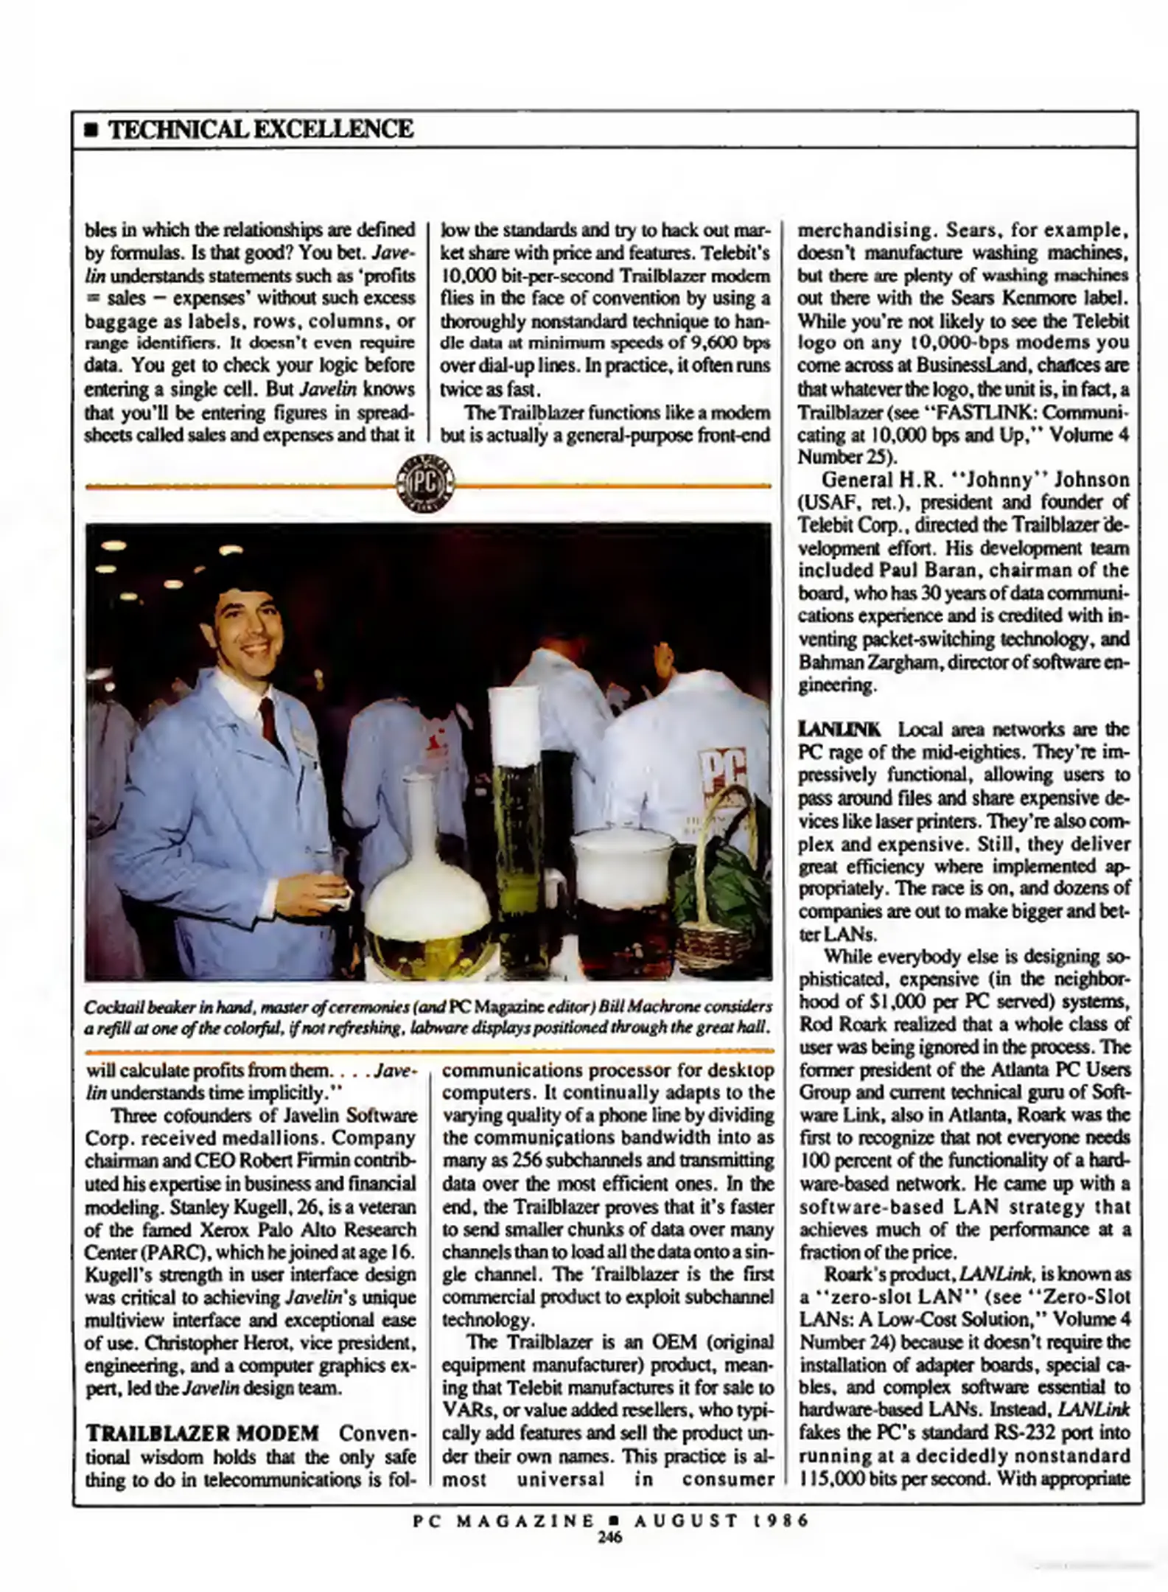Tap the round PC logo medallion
click(426, 485)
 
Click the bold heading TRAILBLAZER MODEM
click(203, 1434)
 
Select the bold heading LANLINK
click(840, 730)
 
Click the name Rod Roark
click(833, 1024)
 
